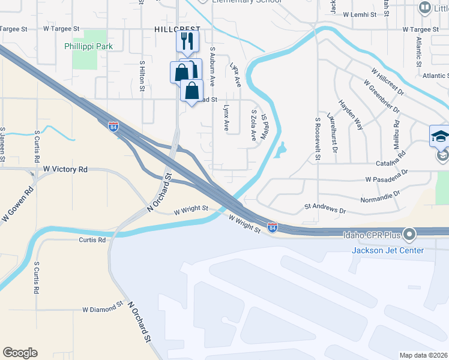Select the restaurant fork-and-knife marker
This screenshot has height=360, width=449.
coord(187,41)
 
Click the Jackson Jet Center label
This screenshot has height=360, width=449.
coord(388,250)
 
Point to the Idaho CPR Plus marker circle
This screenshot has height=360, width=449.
coord(410,233)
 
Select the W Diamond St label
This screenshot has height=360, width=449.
coord(103,310)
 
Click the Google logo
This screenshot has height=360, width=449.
coord(20,353)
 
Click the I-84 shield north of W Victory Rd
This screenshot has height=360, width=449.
coord(114,127)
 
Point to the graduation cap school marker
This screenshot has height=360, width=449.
coord(440,136)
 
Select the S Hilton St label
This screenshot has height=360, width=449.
coord(142,75)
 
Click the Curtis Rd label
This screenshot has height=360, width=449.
coord(92,240)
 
